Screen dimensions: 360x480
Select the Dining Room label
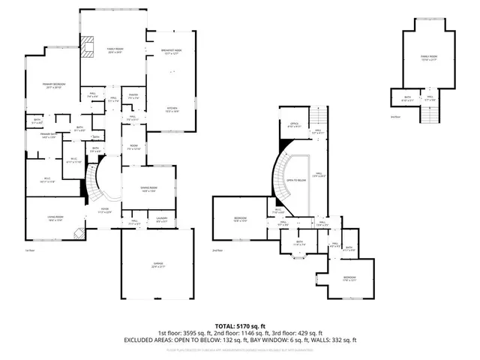[148, 189]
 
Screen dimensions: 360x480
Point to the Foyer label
[106, 211]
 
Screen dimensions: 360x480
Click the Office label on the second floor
[294, 126]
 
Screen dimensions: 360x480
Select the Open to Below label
[297, 181]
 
